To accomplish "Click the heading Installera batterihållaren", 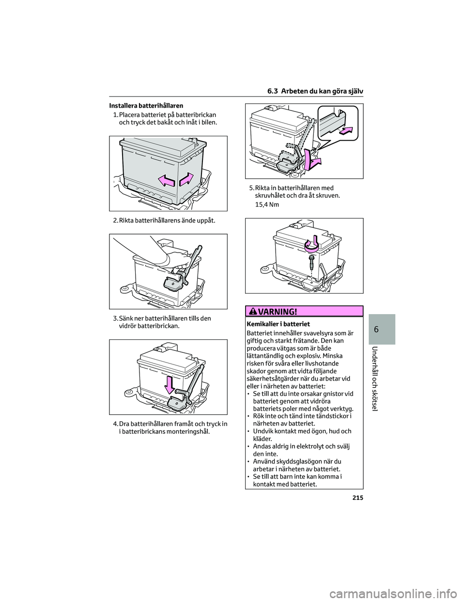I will (x=146, y=105).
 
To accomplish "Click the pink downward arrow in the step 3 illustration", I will (x=169, y=384).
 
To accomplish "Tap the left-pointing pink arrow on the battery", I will (x=166, y=181).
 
